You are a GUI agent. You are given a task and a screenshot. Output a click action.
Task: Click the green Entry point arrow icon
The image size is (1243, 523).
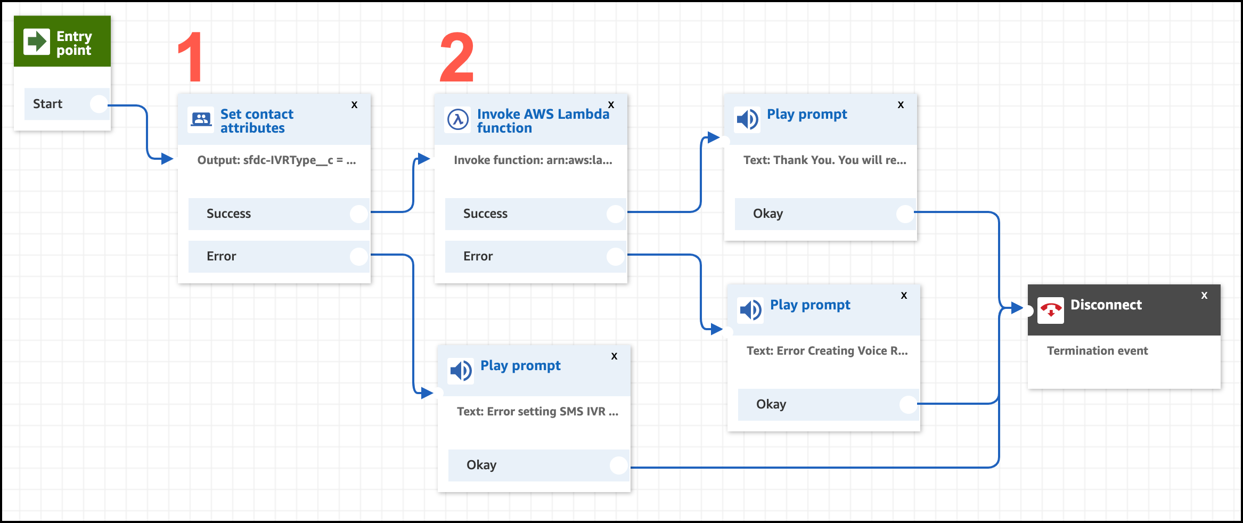coord(37,42)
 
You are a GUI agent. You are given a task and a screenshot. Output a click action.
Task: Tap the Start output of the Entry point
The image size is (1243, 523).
coord(99,104)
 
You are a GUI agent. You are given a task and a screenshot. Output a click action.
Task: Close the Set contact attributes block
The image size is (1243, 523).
coord(354,105)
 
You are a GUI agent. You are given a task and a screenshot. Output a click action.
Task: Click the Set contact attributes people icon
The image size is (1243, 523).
coord(201,119)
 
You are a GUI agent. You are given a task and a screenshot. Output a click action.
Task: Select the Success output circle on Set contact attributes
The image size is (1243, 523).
coord(359,214)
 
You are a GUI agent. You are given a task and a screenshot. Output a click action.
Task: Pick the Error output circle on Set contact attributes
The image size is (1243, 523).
coord(359,256)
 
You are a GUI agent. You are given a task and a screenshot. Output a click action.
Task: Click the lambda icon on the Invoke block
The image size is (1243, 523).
coord(458,119)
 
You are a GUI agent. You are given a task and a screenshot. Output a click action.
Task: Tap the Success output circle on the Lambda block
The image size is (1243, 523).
coord(616,214)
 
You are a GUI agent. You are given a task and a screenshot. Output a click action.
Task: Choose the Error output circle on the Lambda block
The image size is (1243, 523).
coord(616,256)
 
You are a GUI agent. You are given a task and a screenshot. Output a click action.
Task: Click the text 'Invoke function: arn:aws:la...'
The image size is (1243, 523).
coord(533,160)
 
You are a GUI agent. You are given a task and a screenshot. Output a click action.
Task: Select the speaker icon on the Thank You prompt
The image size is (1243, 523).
coord(747,119)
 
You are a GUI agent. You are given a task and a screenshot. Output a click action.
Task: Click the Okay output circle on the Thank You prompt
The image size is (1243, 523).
coord(905,214)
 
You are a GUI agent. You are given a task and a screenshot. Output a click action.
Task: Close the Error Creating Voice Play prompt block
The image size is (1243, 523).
coord(904,296)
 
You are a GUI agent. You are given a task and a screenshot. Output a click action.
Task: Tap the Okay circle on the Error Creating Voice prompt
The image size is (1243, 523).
coord(909,404)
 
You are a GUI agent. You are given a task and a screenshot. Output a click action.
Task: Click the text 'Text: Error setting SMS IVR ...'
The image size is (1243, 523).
coord(537,412)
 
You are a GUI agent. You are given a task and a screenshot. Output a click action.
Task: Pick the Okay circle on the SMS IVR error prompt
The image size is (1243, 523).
coord(619,465)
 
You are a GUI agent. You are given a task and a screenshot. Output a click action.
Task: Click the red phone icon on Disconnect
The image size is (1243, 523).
coord(1050,310)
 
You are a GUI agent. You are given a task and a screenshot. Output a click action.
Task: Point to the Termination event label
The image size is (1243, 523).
coord(1097,351)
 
